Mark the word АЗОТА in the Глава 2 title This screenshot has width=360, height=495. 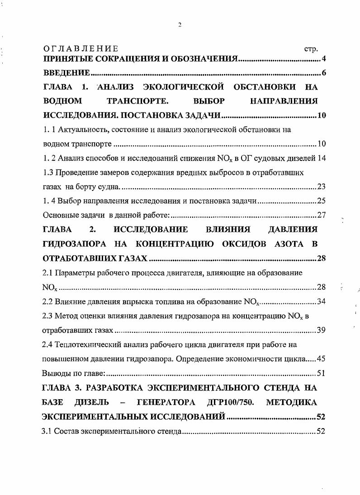(x=278, y=244)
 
